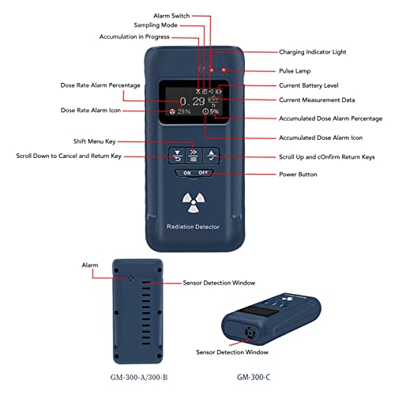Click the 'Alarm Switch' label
[x=171, y=16]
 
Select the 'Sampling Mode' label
[x=156, y=25]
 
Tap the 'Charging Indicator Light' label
[x=313, y=52]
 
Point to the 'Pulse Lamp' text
[x=295, y=71]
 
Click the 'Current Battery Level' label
[x=309, y=85]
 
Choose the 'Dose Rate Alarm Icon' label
[x=91, y=111]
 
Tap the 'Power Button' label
[x=298, y=175]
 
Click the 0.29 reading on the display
[x=192, y=101]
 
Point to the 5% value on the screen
[x=214, y=111]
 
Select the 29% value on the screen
[x=184, y=111]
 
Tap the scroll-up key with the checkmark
[x=211, y=156]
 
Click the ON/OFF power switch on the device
[x=195, y=173]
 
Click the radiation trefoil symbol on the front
[x=194, y=202]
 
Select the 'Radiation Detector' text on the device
[x=193, y=227]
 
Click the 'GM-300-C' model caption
[x=254, y=378]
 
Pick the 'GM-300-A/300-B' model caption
[x=139, y=378]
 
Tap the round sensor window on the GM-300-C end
[x=250, y=333]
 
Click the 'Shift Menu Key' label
[x=95, y=141]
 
